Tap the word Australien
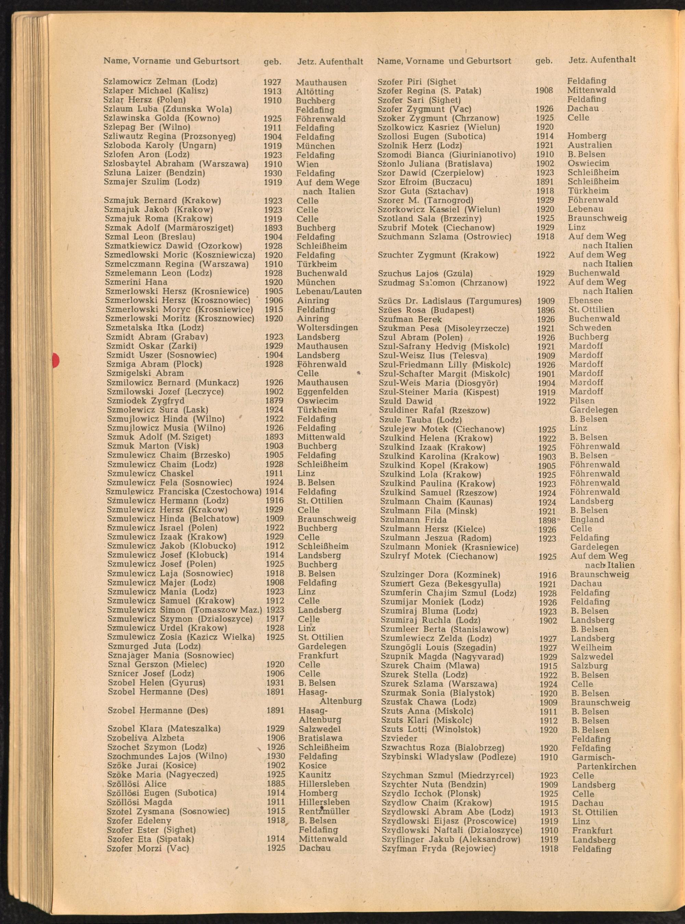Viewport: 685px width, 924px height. tap(590, 145)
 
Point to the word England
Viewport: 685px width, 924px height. tap(587, 520)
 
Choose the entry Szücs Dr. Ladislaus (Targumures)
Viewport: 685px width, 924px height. tap(450, 301)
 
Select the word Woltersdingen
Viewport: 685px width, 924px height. tap(327, 328)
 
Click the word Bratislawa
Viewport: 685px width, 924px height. tap(321, 738)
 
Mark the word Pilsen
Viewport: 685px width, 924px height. tap(582, 401)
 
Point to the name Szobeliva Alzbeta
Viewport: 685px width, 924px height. tap(146, 738)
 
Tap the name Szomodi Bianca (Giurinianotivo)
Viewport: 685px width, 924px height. tap(447, 155)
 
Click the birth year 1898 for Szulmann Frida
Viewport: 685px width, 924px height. tap(547, 520)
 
